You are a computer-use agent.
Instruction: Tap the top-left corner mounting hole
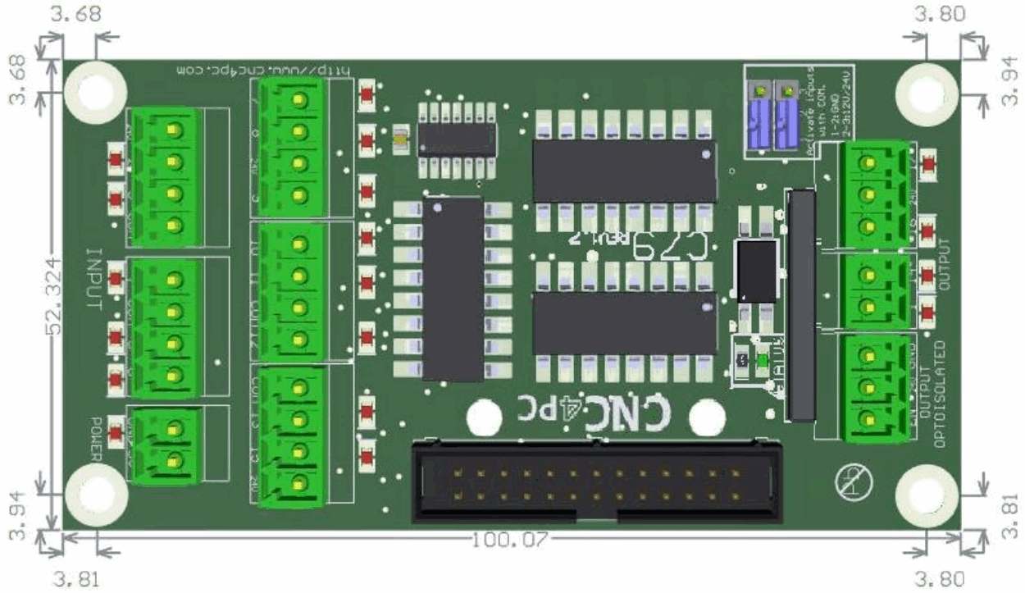[95, 90]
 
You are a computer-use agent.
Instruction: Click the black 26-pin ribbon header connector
[595, 484]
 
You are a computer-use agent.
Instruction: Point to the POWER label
[95, 438]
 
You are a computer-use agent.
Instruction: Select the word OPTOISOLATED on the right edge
[941, 394]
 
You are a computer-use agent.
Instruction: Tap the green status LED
[763, 360]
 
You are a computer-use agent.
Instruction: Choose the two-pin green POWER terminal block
[168, 445]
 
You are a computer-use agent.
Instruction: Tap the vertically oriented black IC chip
[453, 289]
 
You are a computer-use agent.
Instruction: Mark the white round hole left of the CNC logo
[484, 419]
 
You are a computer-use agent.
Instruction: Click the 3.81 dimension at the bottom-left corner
[77, 578]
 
